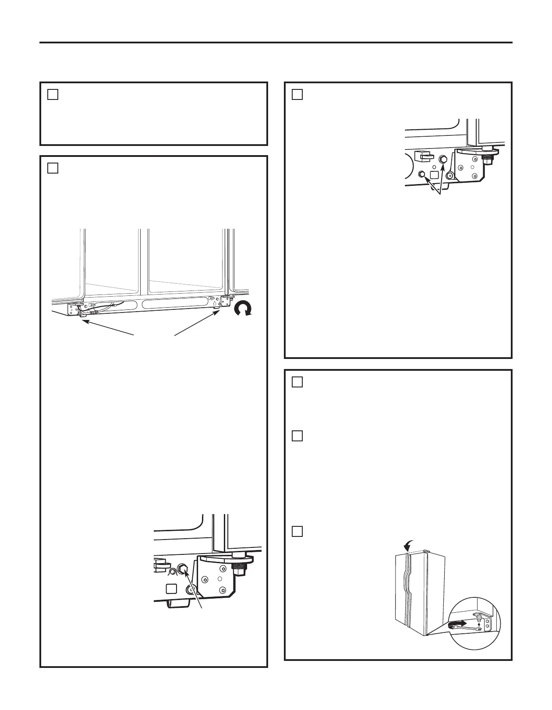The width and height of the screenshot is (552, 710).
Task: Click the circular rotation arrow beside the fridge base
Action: pos(242,309)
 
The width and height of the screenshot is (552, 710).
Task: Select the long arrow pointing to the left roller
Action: pos(107,328)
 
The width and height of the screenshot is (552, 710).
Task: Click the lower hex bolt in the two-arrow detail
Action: pos(422,174)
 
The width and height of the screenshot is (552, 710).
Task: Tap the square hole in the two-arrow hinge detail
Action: pos(435,174)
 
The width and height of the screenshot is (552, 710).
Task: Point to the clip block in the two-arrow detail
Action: pos(422,155)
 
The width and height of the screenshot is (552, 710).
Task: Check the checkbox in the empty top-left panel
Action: pos(53,94)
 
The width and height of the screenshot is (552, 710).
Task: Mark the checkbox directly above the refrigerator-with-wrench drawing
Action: pos(297,531)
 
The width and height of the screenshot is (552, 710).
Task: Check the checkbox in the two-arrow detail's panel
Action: pos(297,94)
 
